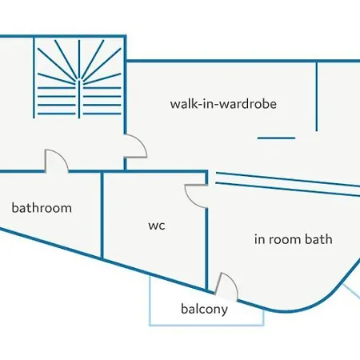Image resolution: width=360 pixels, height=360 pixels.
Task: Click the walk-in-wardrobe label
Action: [223, 104]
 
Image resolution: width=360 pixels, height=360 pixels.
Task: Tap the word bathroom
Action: [42, 208]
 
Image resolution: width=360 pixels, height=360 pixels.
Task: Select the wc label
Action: [157, 226]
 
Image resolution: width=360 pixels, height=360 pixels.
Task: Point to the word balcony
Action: [204, 310]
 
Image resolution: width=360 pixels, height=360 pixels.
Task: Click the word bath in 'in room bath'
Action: [318, 239]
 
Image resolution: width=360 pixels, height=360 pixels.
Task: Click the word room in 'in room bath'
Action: [284, 239]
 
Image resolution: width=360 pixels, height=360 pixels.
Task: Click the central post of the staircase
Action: [79, 99]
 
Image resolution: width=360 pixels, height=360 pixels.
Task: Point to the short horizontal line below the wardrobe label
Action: [276, 138]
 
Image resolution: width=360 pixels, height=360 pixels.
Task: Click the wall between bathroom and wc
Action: [102, 215]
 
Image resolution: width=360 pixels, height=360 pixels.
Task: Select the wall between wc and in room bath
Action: [206, 249]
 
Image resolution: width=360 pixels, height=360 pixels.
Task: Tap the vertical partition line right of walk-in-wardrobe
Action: [317, 97]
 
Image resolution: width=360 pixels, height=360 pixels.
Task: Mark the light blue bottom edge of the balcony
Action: [206, 325]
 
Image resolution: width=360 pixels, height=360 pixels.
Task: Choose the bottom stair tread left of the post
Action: [57, 114]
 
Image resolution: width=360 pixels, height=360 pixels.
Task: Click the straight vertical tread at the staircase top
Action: [79, 59]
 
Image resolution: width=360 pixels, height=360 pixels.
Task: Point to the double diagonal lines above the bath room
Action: [288, 185]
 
